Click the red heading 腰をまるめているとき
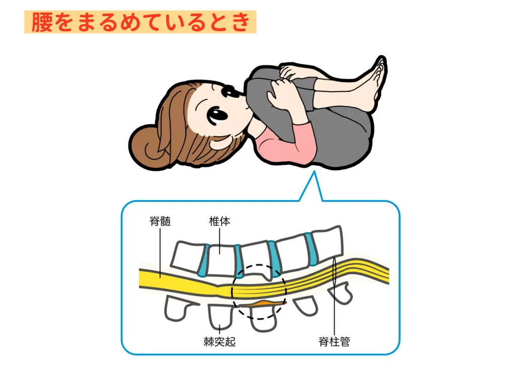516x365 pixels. (x=140, y=23)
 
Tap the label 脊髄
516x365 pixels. (x=160, y=221)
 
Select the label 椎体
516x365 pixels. (x=220, y=221)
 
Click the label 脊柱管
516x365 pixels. (x=335, y=343)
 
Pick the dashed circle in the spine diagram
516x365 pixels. (x=259, y=292)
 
